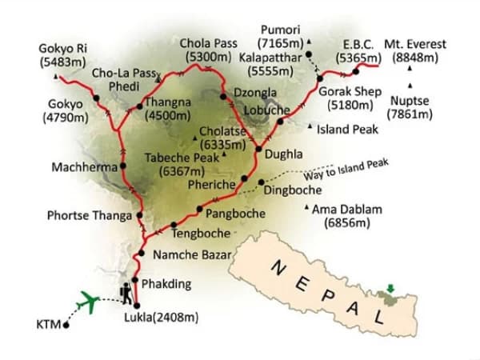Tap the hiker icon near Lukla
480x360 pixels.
coord(128,294)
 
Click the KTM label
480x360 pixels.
coord(48,326)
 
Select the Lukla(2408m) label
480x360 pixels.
coord(170,318)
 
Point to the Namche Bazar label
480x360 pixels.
coord(192,255)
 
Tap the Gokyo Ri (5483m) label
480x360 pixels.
coord(61,55)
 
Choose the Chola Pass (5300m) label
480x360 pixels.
coord(209,50)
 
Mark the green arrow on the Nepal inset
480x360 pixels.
coord(390,289)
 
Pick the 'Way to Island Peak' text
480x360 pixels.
coord(346,170)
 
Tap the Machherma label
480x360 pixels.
coord(83,168)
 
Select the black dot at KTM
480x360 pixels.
coord(66,325)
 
